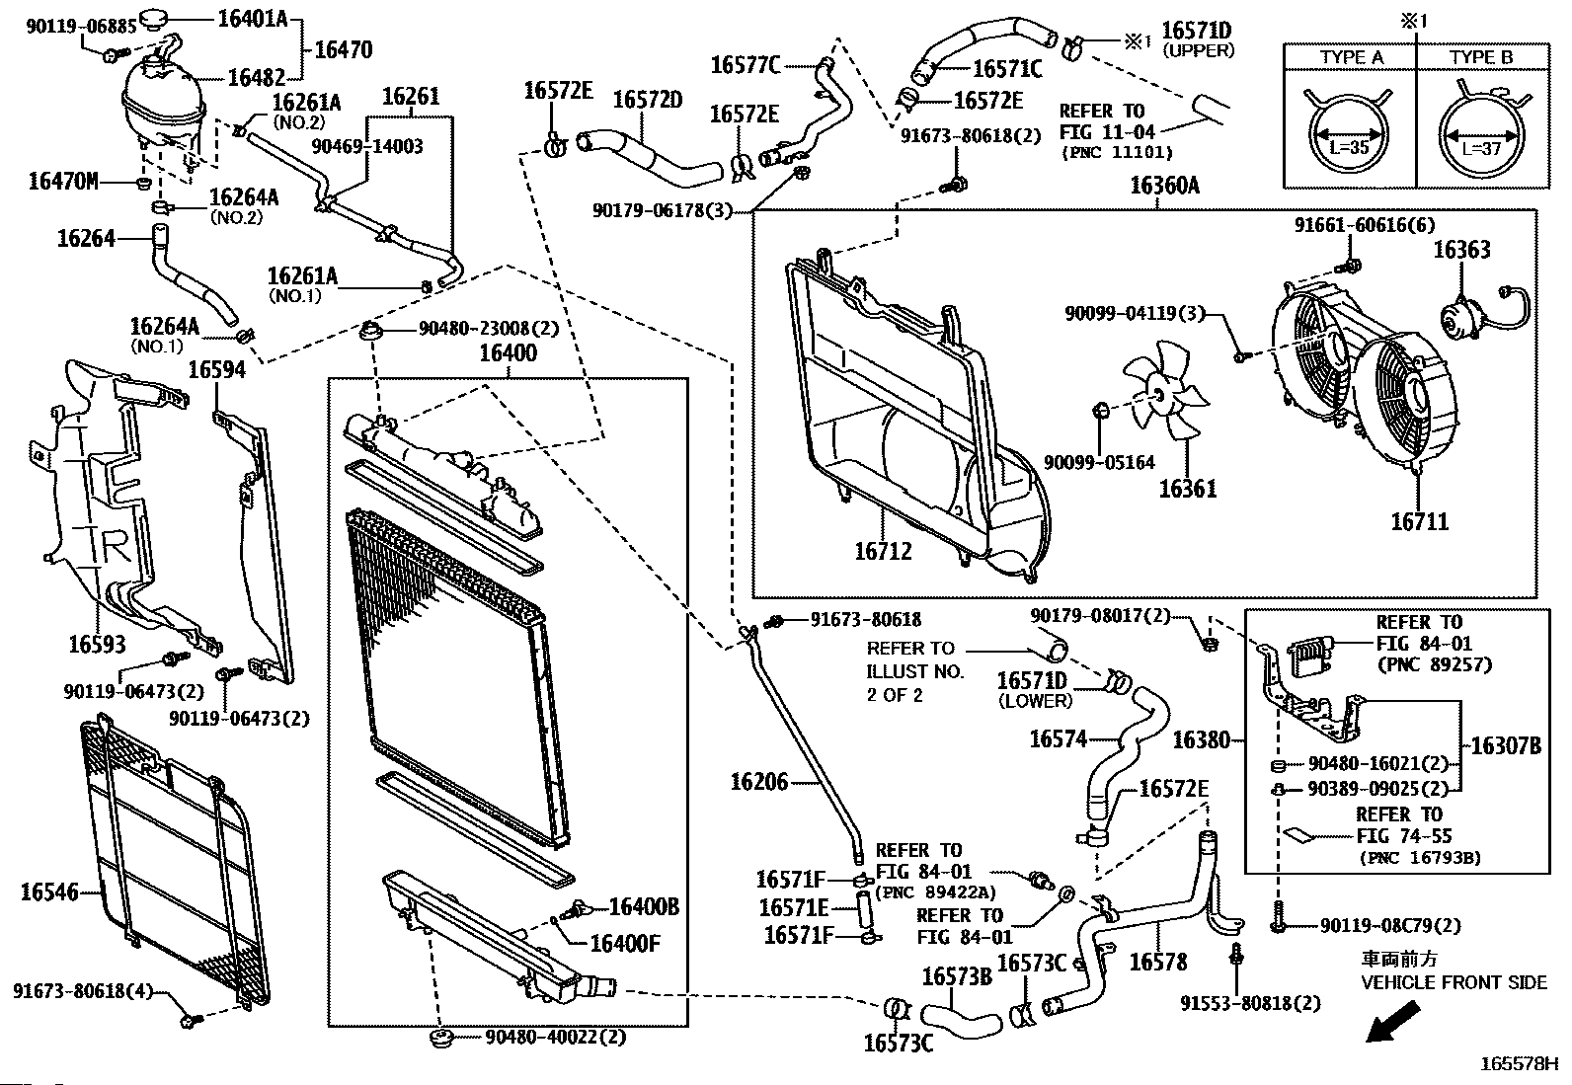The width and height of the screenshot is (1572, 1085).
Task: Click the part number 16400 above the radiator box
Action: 508,353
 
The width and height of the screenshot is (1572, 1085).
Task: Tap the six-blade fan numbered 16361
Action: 1167,401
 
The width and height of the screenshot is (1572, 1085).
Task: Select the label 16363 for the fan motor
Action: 1461,250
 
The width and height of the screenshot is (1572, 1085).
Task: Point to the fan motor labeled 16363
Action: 1459,322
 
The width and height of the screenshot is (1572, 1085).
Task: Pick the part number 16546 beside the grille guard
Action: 48,892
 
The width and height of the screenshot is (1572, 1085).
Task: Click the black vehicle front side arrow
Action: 1393,1022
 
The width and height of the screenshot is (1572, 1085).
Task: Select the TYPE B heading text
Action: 1480,57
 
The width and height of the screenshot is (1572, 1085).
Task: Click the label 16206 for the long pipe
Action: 759,783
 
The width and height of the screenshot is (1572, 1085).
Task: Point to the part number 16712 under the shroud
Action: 883,552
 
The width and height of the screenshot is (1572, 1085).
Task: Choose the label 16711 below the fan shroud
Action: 1419,521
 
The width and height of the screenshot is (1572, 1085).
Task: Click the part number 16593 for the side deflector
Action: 97,645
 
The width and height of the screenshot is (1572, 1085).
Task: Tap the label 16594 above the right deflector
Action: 216,369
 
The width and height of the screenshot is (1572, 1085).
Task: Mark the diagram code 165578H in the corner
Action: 1518,1064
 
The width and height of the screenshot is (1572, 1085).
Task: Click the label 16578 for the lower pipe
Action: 1157,962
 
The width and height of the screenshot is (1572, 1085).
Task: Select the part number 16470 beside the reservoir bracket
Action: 344,48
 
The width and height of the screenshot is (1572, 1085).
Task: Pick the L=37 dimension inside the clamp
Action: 1480,148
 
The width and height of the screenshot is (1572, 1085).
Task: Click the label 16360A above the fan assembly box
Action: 1164,186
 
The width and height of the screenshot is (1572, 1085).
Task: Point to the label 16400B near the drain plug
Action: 643,906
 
